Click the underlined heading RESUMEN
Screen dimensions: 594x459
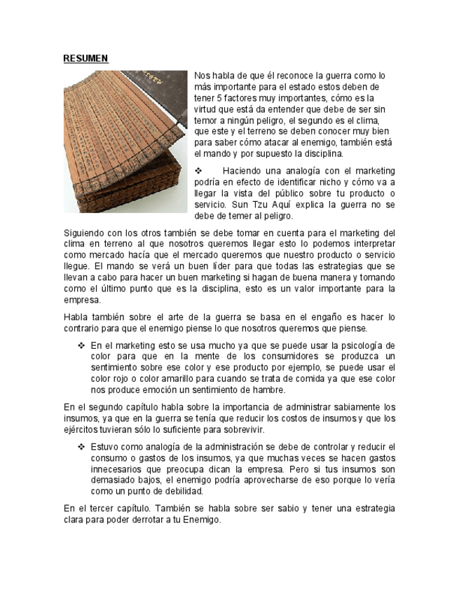click(85, 58)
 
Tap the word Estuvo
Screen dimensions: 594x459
click(105, 446)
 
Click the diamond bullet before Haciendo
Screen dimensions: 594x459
click(198, 171)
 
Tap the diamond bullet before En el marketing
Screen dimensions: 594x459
click(81, 345)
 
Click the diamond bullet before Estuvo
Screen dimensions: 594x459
click(81, 446)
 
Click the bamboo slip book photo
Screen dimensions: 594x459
click(126, 140)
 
